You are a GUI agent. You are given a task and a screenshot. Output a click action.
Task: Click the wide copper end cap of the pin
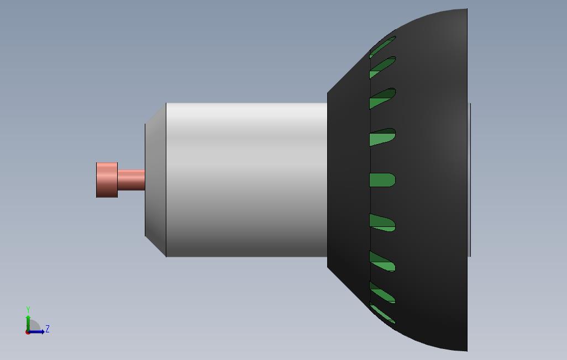coord(107,179)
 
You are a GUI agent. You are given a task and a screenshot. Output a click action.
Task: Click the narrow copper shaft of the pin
coord(131,179)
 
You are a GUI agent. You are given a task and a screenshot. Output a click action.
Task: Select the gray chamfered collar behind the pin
coord(155,179)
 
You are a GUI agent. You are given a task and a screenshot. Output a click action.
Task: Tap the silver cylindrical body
coord(246,179)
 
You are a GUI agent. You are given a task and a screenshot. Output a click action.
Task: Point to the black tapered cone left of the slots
coord(348,179)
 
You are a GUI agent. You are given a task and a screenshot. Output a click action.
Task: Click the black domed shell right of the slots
coord(431,179)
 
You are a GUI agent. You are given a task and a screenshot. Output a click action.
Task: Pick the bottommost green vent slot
coord(382,314)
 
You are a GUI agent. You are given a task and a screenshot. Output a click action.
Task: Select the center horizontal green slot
coord(381,180)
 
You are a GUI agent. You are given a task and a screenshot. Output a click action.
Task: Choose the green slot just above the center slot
coord(382,137)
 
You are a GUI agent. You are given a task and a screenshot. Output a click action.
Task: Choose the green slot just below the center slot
coord(382,223)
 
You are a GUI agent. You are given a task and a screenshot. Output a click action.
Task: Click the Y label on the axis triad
coord(28,310)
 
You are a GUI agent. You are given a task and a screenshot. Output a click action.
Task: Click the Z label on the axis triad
coord(48,329)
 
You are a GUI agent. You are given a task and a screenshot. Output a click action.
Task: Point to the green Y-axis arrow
coord(28,321)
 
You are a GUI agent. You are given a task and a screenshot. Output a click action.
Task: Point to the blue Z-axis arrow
coord(38,332)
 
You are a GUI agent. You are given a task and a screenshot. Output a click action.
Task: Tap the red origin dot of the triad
coord(28,332)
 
